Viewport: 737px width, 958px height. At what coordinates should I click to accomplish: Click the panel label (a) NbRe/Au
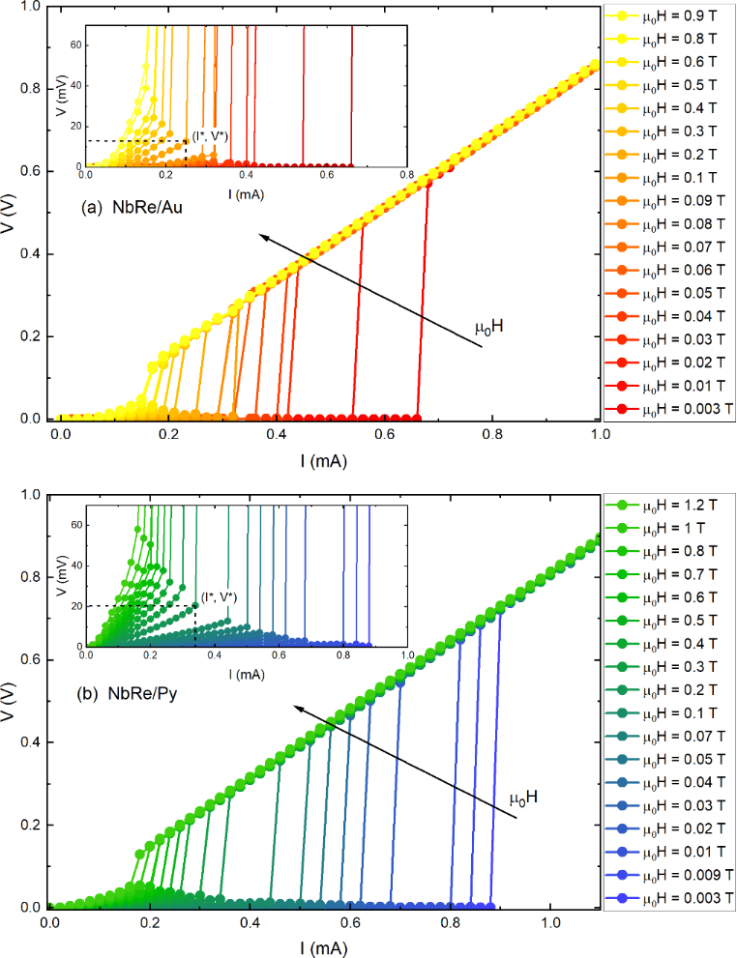pos(135,208)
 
